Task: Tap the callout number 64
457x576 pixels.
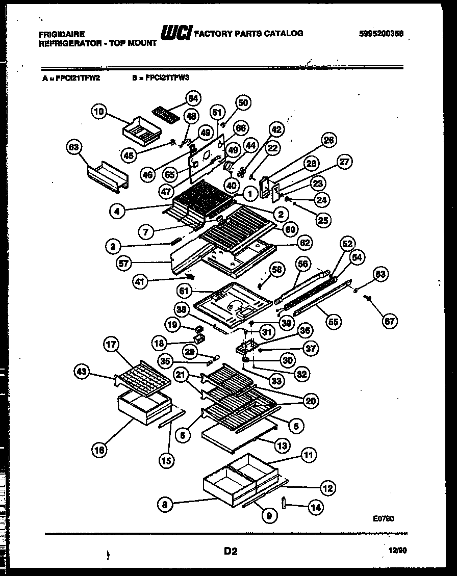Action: click(x=192, y=98)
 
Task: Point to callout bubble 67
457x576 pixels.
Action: click(x=390, y=321)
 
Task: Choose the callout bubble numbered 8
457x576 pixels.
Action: click(x=164, y=505)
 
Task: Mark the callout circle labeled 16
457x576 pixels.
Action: click(x=100, y=449)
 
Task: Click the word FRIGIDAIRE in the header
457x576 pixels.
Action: click(x=62, y=34)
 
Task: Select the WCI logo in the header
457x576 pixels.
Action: click(x=176, y=33)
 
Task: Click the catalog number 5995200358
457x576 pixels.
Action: click(x=380, y=33)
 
